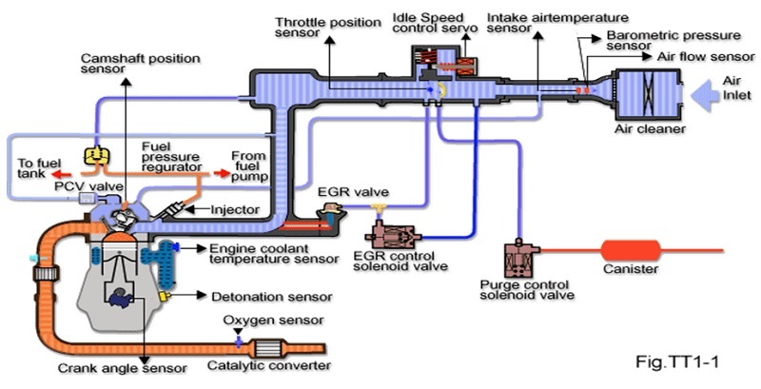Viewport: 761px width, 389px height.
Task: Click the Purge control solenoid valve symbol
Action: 519,259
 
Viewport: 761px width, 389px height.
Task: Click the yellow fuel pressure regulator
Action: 93,153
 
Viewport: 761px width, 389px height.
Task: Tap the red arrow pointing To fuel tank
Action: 61,175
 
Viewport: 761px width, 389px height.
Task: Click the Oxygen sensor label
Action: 273,321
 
